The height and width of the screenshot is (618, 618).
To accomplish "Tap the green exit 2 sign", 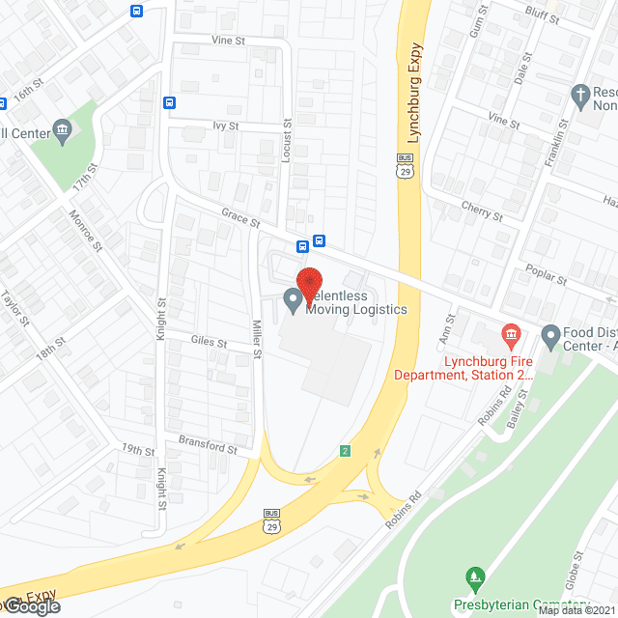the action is [345, 451].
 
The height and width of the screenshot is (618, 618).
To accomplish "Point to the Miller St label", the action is [258, 339].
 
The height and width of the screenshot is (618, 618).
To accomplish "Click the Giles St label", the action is [209, 341].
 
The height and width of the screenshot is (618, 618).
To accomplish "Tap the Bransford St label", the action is [208, 447].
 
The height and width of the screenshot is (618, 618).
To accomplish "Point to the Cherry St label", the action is [482, 210].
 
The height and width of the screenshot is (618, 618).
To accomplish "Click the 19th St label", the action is [138, 451].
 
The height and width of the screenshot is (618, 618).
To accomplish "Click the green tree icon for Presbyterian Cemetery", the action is [474, 579].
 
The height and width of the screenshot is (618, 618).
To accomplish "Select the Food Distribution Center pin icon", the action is [551, 336].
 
